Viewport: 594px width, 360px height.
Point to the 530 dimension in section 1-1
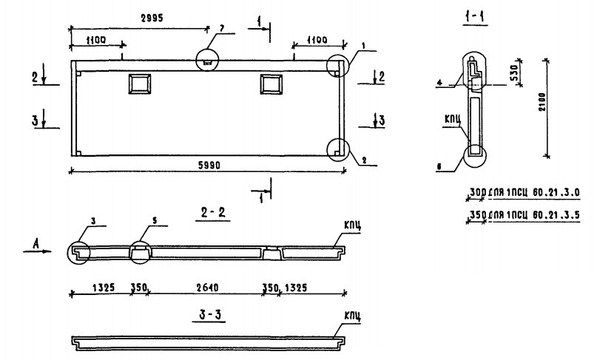tap(522, 72)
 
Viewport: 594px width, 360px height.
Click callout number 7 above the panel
tap(220, 29)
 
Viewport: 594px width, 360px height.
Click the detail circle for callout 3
tap(78, 252)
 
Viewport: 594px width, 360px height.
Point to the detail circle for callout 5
tap(139, 251)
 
